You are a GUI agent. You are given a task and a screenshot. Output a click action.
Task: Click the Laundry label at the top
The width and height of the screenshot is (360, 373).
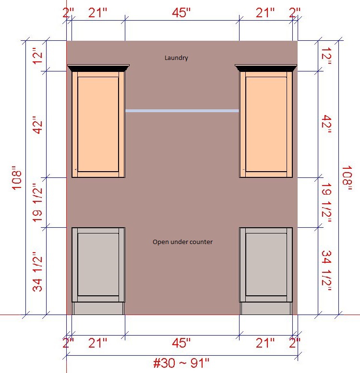pos(176,58)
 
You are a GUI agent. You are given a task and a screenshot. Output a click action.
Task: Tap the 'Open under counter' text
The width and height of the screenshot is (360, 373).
pos(182,242)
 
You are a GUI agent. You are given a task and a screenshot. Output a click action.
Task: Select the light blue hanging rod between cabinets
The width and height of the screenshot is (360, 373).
pos(182,111)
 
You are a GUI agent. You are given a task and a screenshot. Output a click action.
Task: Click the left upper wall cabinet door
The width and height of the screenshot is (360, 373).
pos(98,124)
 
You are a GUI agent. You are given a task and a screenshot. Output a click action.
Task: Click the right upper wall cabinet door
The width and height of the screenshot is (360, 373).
pos(266,124)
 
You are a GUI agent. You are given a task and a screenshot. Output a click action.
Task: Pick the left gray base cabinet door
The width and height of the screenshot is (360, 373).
pos(98,265)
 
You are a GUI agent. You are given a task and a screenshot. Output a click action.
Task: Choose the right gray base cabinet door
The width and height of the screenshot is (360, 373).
pos(266,265)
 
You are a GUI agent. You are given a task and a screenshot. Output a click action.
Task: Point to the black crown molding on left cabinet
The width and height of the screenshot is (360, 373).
pos(98,68)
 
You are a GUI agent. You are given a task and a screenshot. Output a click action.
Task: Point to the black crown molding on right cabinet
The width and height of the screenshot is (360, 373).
pos(266,68)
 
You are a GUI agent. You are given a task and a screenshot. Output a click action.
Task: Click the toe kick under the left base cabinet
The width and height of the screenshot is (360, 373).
pos(98,308)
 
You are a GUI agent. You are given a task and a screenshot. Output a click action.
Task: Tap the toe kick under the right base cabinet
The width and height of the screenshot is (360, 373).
pos(266,308)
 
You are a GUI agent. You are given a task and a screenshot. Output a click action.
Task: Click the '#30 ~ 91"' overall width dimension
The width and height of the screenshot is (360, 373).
pos(181,363)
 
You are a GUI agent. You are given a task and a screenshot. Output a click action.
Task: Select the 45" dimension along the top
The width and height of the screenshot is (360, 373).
pos(181,12)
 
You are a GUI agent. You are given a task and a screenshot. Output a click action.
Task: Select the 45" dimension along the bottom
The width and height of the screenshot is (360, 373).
pos(181,343)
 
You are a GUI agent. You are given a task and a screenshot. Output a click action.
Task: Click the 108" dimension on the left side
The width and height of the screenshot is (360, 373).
pos(17,178)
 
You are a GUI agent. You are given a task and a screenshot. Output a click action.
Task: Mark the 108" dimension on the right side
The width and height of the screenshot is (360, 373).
pos(347,178)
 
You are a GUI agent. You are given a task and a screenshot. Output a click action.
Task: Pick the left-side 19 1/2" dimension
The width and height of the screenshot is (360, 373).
pos(37,203)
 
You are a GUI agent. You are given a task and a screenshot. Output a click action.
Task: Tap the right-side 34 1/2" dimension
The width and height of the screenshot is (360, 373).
pos(326,271)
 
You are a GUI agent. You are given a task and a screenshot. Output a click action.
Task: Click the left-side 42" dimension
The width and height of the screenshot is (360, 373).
pos(37,125)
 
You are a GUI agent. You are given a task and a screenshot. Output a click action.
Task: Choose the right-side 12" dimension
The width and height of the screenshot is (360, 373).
pos(326,56)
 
